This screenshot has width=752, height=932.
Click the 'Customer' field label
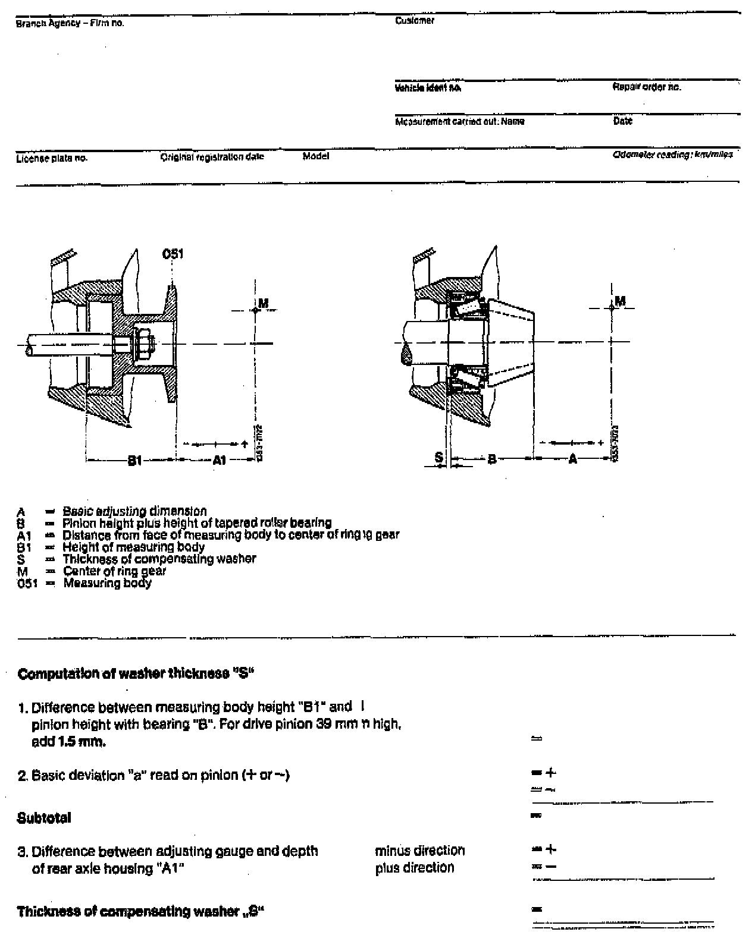coord(415,20)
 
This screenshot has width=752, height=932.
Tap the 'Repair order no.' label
coord(647,87)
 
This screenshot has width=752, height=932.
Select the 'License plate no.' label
coord(52,158)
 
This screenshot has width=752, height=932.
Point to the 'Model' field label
coord(315,156)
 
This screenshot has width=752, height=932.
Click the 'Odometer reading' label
coord(672,155)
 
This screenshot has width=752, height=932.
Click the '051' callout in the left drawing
coord(173,254)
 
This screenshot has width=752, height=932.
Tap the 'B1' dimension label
coord(135,460)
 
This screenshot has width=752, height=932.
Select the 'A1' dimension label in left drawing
coord(220,460)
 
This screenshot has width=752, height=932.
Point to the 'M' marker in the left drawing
coord(264,303)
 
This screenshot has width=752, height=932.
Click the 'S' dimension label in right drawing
coord(439,457)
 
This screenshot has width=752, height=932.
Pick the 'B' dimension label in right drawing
coord(492,459)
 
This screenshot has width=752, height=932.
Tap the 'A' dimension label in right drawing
coord(572,459)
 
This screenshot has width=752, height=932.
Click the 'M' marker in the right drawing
coord(620,301)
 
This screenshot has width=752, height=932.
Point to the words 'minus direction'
coord(420,851)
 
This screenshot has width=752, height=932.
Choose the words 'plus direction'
coord(415,868)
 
